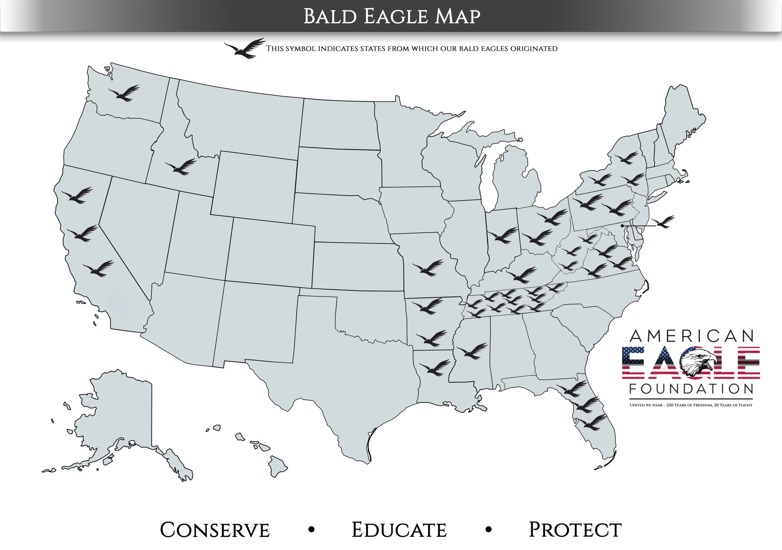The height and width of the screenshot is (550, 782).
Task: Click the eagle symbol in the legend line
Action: (245, 48)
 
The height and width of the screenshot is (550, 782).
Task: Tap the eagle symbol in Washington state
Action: (124, 93)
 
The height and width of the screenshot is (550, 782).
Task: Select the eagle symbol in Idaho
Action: (181, 167)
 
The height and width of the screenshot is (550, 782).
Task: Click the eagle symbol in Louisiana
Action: (435, 368)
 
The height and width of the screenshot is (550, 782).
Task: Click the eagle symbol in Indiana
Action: (502, 235)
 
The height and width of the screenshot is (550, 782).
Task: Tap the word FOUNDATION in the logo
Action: (691, 389)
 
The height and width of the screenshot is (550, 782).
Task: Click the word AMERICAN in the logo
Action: (691, 336)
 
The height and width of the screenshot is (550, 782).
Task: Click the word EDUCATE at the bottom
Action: (399, 530)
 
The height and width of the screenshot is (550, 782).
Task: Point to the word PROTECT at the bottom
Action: (575, 530)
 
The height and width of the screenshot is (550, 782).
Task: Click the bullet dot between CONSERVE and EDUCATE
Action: (311, 530)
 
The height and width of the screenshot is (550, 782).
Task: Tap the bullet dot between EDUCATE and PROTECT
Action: (488, 530)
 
